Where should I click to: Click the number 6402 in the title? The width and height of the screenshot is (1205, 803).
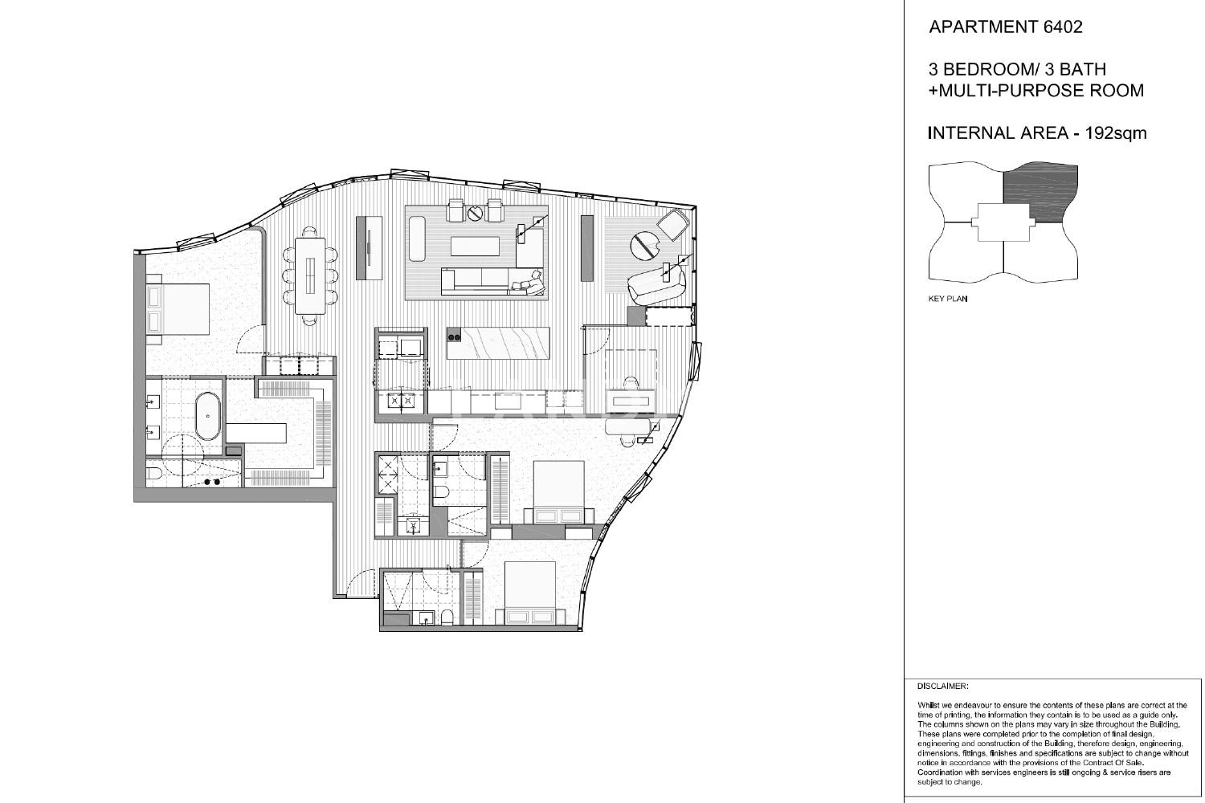click(x=1063, y=26)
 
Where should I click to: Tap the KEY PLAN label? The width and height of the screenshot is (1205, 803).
click(x=947, y=299)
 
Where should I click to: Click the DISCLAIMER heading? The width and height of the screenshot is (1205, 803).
click(x=942, y=687)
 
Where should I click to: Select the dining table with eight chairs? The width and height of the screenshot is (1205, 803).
click(x=310, y=275)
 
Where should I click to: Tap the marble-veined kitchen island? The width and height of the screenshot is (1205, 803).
click(x=497, y=343)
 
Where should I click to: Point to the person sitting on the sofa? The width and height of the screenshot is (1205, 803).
click(x=530, y=283)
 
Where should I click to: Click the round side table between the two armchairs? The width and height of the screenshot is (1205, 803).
click(x=476, y=214)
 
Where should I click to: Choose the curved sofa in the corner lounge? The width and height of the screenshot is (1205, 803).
click(x=656, y=283)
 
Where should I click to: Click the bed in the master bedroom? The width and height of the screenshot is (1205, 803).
click(x=178, y=309)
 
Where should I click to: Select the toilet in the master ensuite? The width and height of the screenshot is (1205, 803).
click(x=154, y=474)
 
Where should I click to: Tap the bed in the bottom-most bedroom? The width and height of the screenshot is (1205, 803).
click(x=530, y=593)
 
